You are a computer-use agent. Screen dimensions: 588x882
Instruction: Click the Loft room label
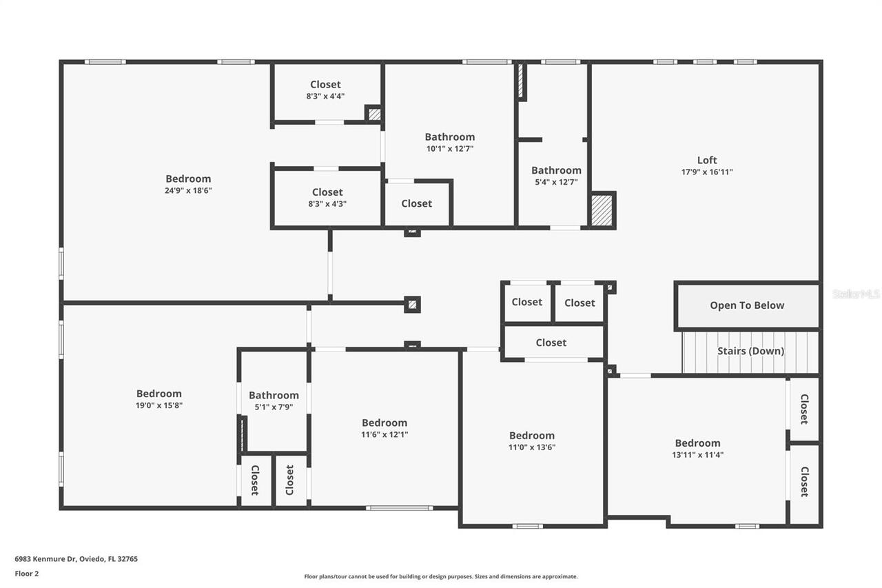(x=706, y=160)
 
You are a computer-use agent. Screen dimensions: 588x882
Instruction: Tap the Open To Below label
(x=747, y=305)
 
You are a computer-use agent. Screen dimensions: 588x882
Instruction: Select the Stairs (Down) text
(x=750, y=351)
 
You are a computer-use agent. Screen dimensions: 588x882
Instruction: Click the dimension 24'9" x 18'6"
(x=188, y=190)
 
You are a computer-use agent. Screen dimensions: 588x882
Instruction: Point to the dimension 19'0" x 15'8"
(x=159, y=405)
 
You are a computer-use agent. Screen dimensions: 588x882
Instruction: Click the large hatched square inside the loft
(x=602, y=210)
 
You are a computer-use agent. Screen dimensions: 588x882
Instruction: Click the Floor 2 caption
(x=26, y=573)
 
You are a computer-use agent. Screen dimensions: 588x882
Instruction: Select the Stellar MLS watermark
(x=856, y=294)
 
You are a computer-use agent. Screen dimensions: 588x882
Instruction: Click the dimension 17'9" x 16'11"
(x=706, y=172)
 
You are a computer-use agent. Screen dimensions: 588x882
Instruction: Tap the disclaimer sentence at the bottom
(x=441, y=576)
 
